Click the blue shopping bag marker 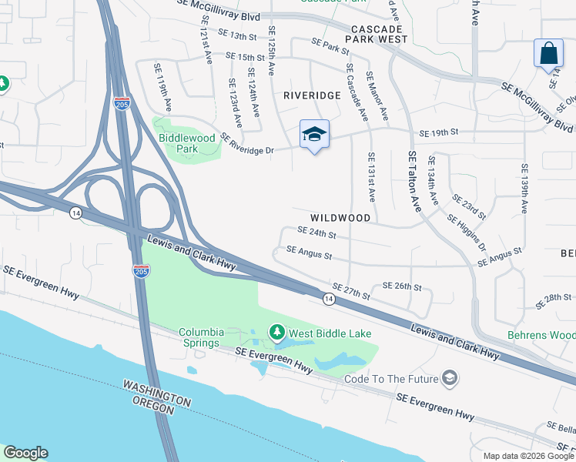click(x=548, y=54)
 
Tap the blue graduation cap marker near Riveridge click(x=314, y=135)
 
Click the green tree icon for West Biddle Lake click(x=276, y=333)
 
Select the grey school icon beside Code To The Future click(x=450, y=378)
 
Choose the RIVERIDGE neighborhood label click(x=311, y=95)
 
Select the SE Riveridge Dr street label click(x=247, y=143)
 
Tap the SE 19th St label click(x=439, y=132)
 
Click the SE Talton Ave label click(x=414, y=182)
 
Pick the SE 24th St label click(x=317, y=232)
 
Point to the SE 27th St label click(x=351, y=290)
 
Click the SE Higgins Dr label click(x=467, y=232)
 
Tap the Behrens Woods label click(x=541, y=335)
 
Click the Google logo click(x=25, y=453)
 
